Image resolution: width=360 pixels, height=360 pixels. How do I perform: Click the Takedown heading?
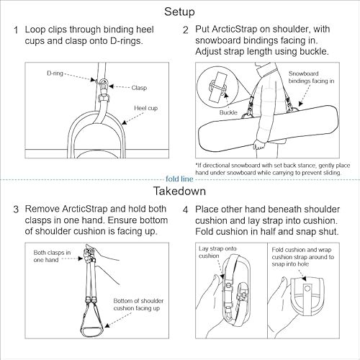tap(179, 192)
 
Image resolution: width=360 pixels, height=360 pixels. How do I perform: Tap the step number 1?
tap(16, 31)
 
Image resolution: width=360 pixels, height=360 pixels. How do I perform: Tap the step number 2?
tap(185, 31)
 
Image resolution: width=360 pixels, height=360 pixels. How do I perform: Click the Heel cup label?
tap(146, 108)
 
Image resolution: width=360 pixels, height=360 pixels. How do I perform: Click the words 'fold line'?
tap(179, 180)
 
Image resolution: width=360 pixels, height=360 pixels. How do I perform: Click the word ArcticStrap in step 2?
tap(234, 31)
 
